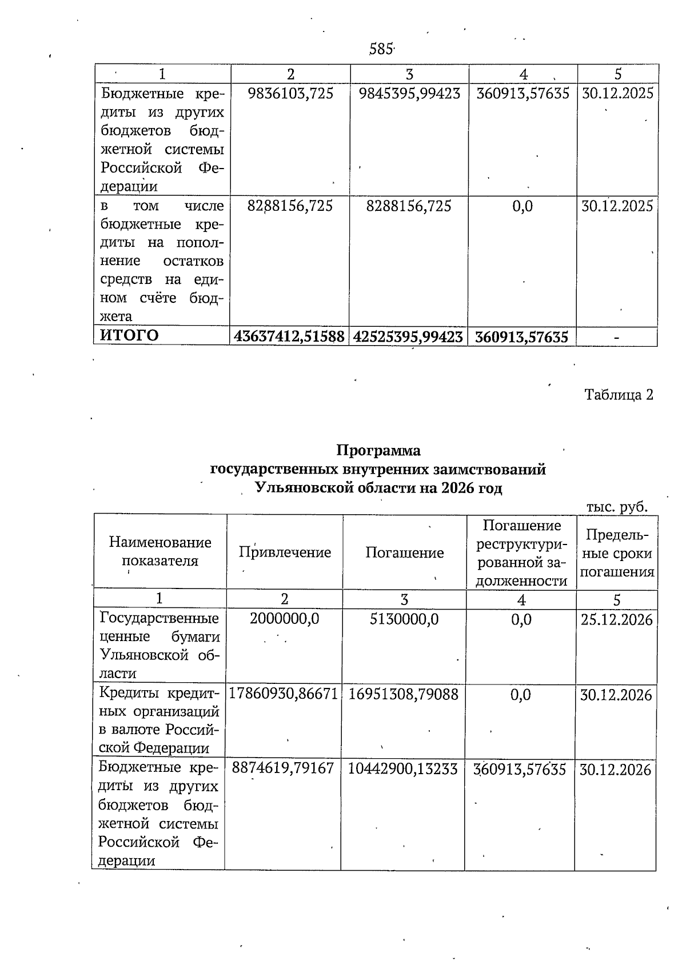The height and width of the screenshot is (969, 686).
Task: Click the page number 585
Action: click(x=380, y=50)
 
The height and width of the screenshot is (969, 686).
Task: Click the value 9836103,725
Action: click(x=290, y=94)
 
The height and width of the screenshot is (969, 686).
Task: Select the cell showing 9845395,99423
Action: click(x=409, y=94)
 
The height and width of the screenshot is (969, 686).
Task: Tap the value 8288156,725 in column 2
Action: click(x=290, y=206)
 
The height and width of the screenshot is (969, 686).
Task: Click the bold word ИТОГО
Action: click(x=130, y=335)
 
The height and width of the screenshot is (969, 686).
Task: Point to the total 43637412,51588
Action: click(x=290, y=337)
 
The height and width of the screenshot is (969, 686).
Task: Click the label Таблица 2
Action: click(x=619, y=395)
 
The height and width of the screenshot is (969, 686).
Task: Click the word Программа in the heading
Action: click(x=378, y=451)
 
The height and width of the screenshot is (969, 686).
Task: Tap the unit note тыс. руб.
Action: click(x=617, y=506)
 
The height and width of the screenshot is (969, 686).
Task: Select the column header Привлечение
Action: click(x=285, y=552)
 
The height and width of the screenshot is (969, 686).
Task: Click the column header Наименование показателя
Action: click(x=160, y=551)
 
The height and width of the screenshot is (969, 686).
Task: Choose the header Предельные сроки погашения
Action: click(x=616, y=553)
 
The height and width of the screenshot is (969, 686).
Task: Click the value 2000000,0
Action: click(x=284, y=619)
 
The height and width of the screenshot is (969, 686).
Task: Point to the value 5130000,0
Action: click(x=404, y=619)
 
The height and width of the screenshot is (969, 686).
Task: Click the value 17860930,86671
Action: click(x=284, y=694)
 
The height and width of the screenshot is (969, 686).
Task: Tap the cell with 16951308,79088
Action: click(x=404, y=694)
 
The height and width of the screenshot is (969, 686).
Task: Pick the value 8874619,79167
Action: click(x=283, y=768)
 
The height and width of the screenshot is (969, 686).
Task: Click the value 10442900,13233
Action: click(x=403, y=770)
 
